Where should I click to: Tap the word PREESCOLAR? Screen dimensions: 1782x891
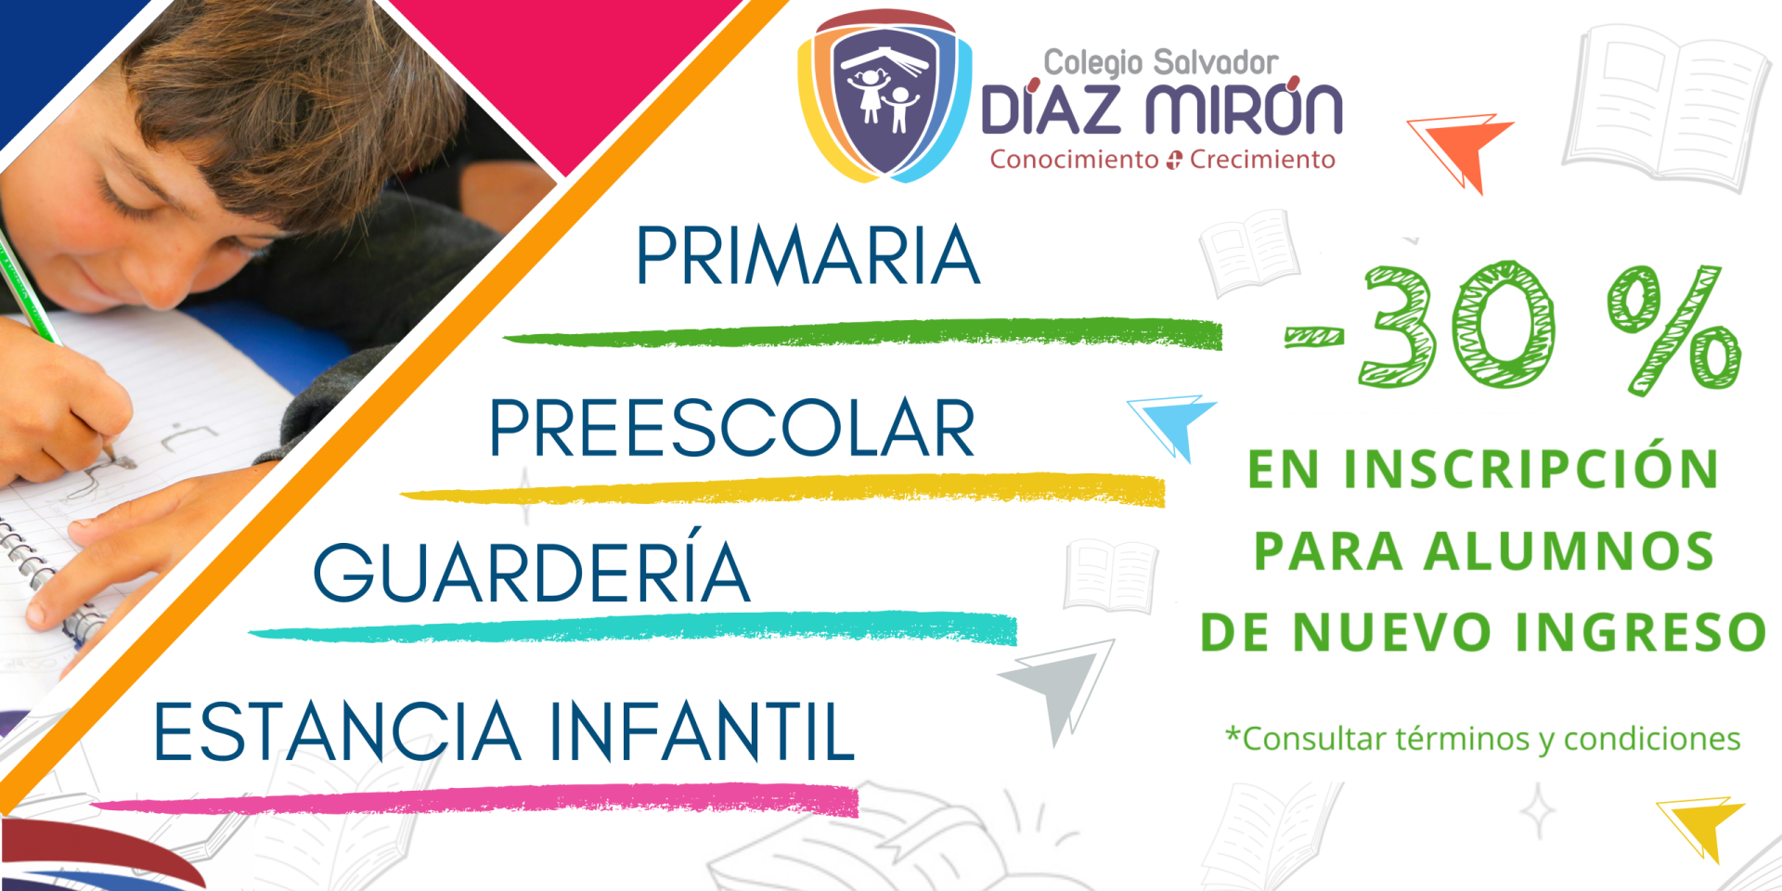tap(731, 428)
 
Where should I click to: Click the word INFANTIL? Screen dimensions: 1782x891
tap(702, 731)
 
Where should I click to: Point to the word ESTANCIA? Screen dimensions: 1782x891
tap(336, 731)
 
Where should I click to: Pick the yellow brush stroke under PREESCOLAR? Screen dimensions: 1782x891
tap(782, 490)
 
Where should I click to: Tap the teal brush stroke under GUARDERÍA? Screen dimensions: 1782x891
tap(633, 628)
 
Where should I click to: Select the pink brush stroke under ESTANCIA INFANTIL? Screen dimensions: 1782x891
tap(474, 800)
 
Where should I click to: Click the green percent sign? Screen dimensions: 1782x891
tap(1673, 329)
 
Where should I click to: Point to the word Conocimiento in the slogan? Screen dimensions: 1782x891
tap(1074, 160)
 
